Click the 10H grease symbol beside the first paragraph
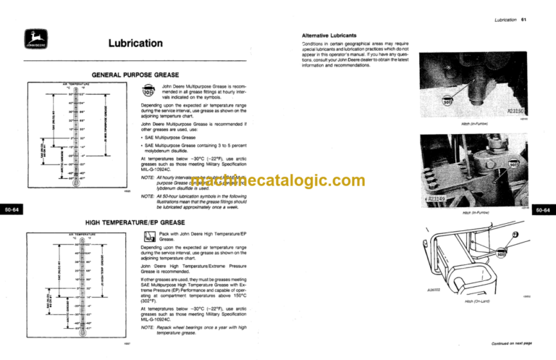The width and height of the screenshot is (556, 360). (x=148, y=93)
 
